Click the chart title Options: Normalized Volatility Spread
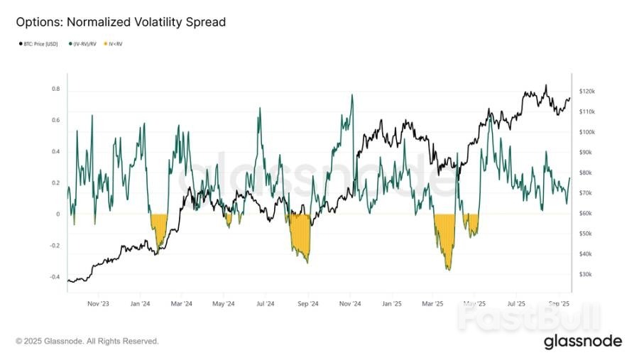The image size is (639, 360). [x=121, y=22]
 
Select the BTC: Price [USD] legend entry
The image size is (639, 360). [x=42, y=44]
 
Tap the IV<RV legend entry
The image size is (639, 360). [x=115, y=44]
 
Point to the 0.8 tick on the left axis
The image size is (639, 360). [x=55, y=89]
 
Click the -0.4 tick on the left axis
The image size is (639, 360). [x=54, y=277]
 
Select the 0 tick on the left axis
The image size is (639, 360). [x=58, y=214]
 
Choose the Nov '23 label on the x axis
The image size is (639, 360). [x=98, y=303]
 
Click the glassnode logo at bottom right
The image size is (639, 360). [x=582, y=342]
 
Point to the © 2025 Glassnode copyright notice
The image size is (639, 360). [x=87, y=342]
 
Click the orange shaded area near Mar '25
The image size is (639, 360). [x=444, y=234]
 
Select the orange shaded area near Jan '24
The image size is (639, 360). [x=158, y=226]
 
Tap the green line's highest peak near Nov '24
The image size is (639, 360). [x=351, y=95]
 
